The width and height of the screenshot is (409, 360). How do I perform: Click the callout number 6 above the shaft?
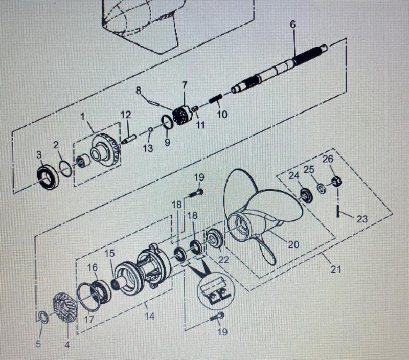[292, 24]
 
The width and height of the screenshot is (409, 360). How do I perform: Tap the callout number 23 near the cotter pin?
[362, 219]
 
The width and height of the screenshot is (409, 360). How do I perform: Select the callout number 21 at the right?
[335, 268]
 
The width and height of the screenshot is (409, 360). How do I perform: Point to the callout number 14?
[149, 316]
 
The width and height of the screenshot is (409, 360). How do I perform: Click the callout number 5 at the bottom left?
[38, 344]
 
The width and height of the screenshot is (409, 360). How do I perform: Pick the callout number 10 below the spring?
[222, 115]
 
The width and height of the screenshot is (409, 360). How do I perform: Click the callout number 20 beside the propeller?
[293, 244]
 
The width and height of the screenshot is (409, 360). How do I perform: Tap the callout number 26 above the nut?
[328, 159]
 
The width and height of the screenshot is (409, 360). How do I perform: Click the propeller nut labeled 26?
[335, 181]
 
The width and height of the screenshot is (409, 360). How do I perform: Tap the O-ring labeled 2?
[65, 168]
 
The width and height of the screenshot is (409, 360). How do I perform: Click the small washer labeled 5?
[43, 318]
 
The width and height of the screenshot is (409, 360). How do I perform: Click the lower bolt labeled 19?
[217, 317]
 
